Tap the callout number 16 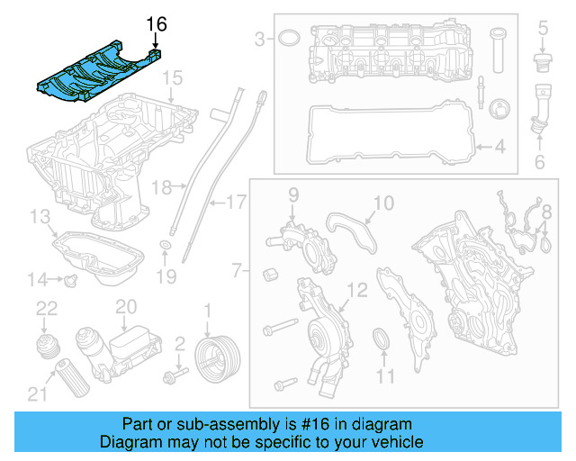point(157,22)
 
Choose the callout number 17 point(235,203)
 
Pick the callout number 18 point(162,187)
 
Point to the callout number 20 point(125,307)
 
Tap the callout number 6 point(540,162)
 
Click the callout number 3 point(259,39)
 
